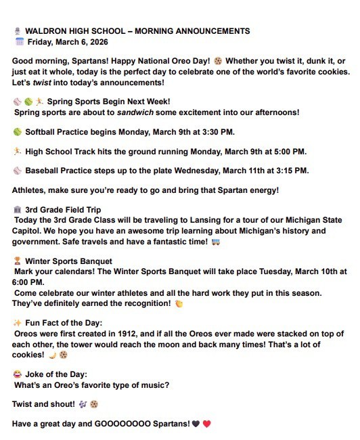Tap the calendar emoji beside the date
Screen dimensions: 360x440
coord(19,41)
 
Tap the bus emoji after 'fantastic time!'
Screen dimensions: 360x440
coord(216,242)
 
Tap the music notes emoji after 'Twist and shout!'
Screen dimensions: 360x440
coord(82,404)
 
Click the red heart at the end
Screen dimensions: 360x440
coord(207,424)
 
